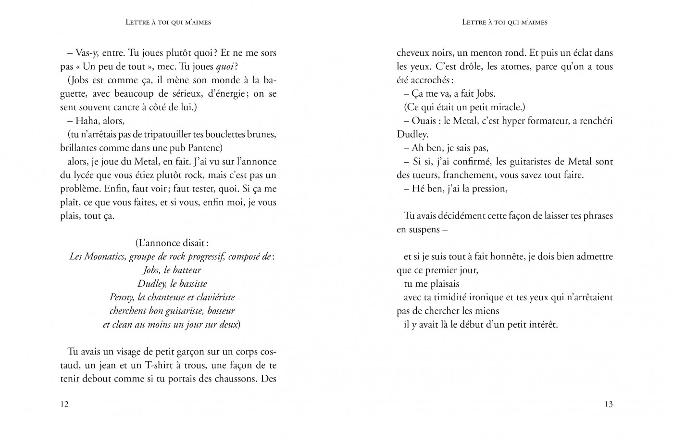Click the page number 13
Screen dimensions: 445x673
click(x=608, y=404)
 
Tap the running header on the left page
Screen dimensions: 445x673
click(x=168, y=22)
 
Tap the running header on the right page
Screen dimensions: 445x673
click(x=505, y=22)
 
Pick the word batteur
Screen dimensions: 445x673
click(x=185, y=270)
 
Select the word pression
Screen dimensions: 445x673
click(x=486, y=189)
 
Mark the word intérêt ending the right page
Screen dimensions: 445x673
click(x=542, y=325)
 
